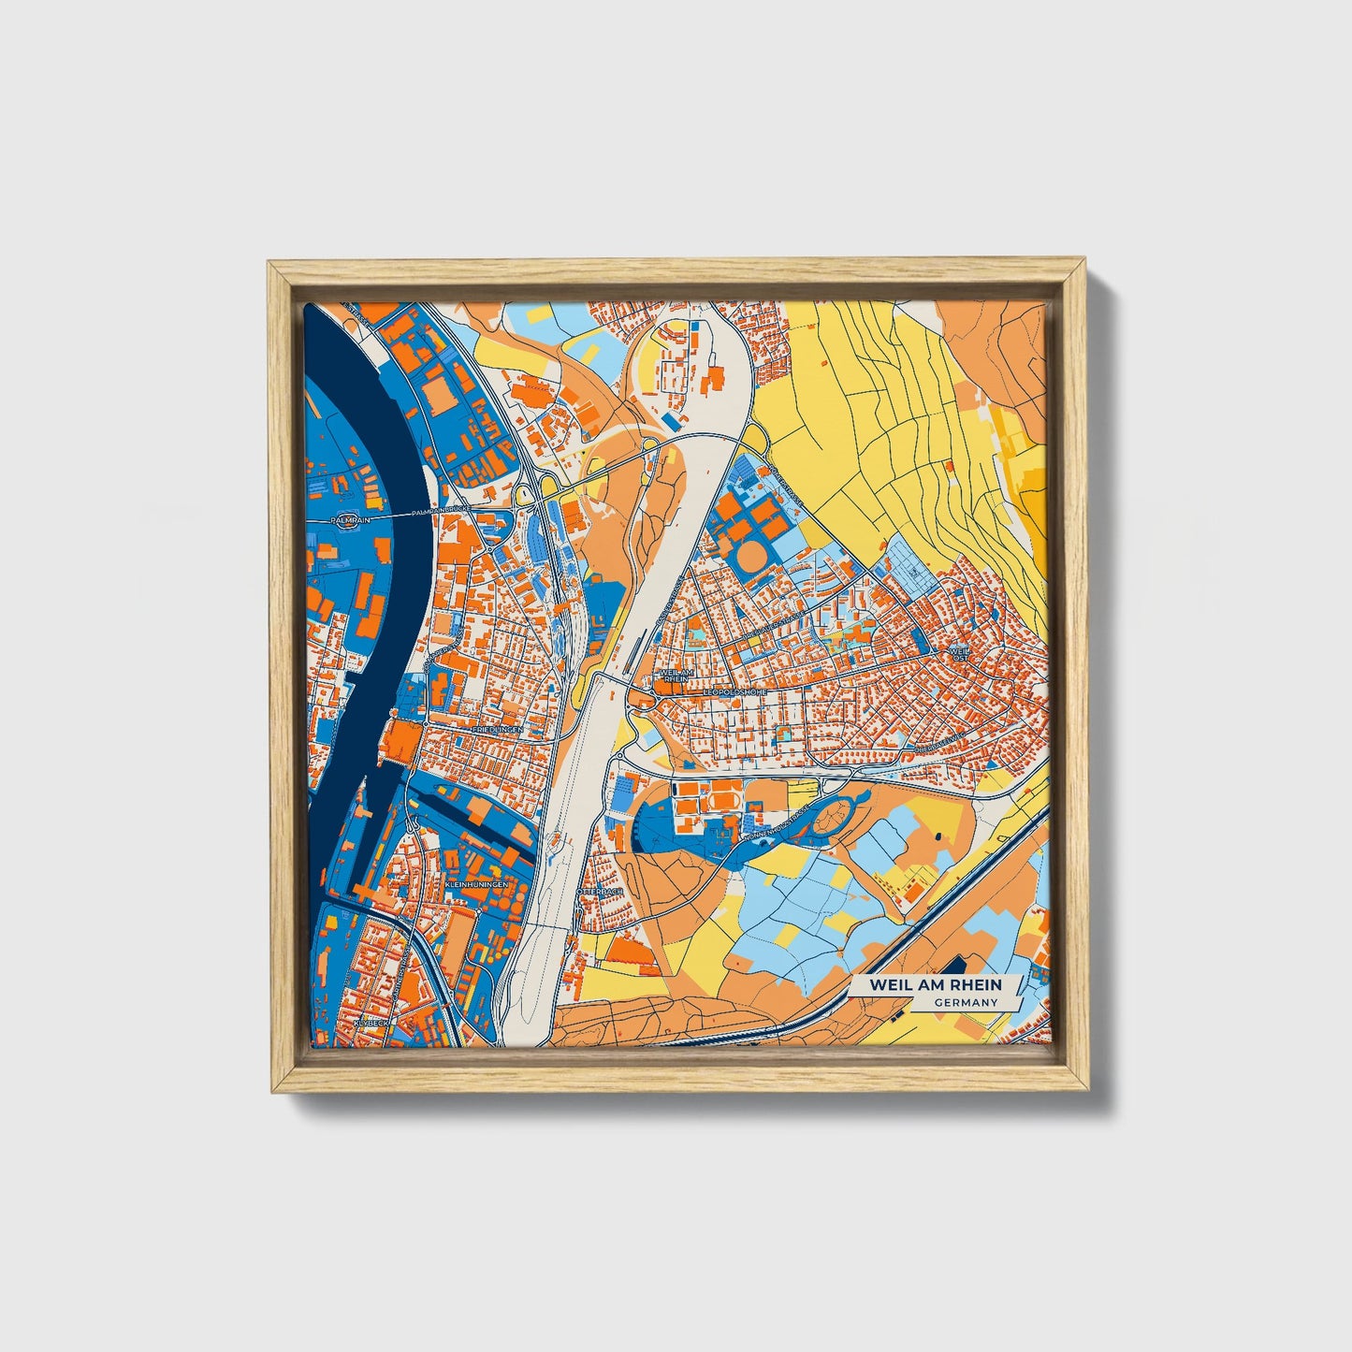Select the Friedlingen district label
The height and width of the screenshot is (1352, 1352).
[x=496, y=727]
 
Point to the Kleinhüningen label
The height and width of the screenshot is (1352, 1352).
[x=477, y=883]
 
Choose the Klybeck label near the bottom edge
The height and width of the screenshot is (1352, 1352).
[x=370, y=1024]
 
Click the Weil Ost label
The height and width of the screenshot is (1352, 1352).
[x=959, y=653]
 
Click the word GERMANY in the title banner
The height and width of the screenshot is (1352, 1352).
[x=965, y=1002]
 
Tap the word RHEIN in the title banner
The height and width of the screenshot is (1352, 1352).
[x=971, y=984]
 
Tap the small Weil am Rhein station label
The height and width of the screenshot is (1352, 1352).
[x=675, y=676]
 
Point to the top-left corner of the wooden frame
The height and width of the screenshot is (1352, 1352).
[x=269, y=264]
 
